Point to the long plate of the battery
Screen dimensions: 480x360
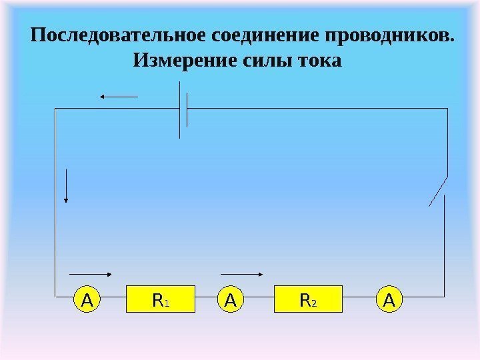(180, 110)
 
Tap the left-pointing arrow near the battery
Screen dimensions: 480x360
(119, 97)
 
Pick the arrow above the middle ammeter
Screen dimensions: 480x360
(243, 273)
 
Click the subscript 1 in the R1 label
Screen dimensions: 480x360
(167, 303)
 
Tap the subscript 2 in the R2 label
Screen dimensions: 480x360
(315, 303)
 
